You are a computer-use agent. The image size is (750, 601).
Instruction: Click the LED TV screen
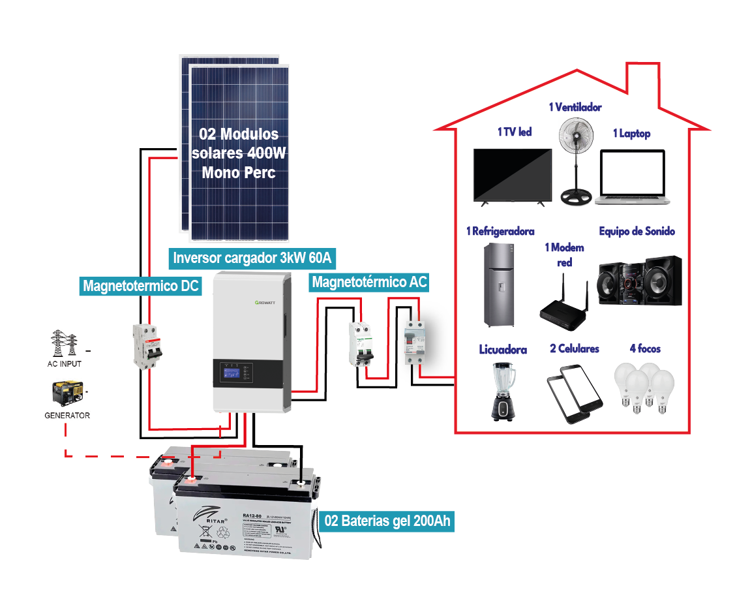513,175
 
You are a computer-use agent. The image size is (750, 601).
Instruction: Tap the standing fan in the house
575,157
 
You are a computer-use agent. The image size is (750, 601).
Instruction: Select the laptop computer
632,177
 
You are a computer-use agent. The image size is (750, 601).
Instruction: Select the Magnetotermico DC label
141,285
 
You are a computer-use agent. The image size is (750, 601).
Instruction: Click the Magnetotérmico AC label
370,282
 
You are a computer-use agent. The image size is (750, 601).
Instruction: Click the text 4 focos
645,348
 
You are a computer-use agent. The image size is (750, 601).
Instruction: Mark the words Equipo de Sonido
637,231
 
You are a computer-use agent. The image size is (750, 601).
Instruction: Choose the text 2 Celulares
574,348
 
